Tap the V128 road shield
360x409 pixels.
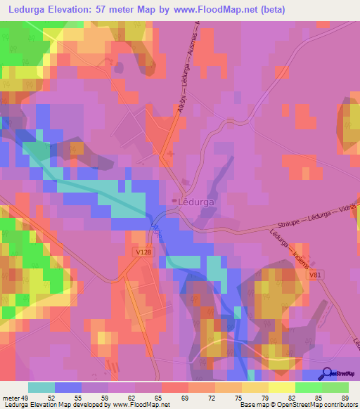point(143,250)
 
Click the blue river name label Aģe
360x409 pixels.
point(155,230)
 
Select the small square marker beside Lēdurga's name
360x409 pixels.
point(176,200)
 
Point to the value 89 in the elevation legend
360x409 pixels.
point(343,397)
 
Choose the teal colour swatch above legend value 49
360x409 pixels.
point(41,387)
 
